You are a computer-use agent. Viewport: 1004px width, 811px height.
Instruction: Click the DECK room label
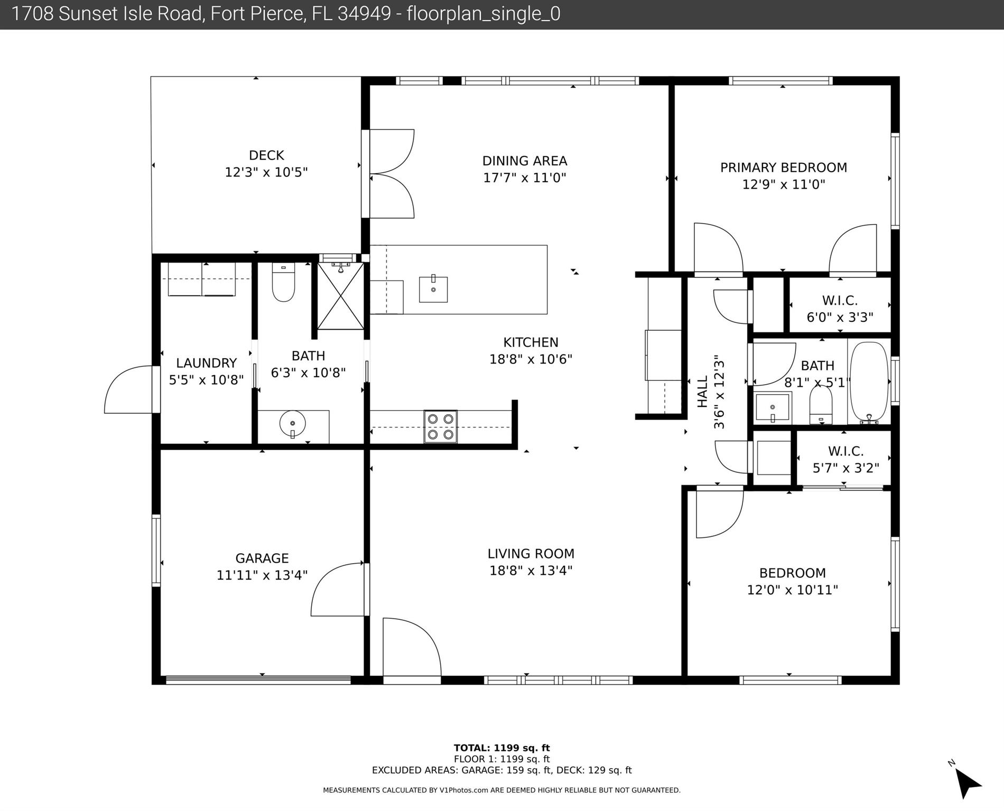click(266, 155)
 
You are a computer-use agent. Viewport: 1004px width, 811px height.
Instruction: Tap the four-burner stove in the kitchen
click(441, 426)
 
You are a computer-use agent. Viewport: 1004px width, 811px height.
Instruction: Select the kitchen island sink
click(433, 289)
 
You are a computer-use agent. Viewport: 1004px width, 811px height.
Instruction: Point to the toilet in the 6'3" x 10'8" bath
click(283, 284)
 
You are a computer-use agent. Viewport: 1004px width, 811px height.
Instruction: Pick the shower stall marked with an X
click(341, 296)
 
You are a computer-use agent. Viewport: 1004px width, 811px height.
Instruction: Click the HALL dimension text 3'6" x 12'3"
click(719, 395)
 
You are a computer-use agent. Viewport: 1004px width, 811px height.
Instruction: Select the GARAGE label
click(262, 558)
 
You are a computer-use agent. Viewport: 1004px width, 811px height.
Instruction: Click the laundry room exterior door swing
click(129, 389)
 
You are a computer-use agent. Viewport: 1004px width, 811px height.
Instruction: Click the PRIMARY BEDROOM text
click(784, 167)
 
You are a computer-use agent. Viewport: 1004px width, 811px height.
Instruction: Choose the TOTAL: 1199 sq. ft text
click(501, 748)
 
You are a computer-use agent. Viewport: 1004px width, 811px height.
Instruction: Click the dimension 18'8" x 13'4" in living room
click(531, 571)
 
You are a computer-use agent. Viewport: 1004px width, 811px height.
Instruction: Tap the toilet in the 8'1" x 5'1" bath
click(821, 406)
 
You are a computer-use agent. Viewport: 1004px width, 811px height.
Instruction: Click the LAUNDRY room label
click(206, 363)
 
